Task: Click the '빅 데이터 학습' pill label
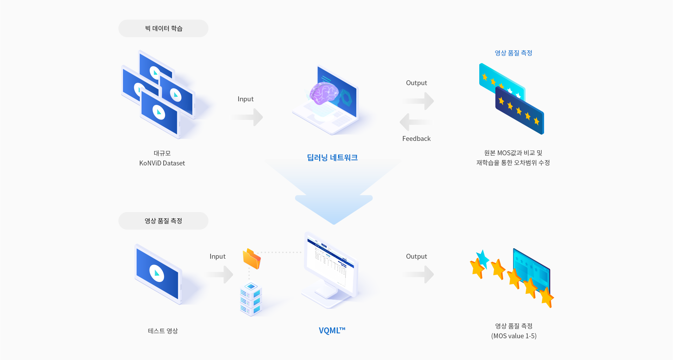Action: [164, 28]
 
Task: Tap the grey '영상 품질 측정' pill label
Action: [163, 221]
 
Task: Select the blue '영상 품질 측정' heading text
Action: [513, 53]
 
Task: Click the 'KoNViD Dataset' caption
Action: [162, 163]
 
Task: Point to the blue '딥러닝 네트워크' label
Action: [332, 158]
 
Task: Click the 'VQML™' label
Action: [332, 331]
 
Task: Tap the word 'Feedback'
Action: [416, 138]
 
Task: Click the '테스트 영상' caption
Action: [163, 331]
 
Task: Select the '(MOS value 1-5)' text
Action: [514, 336]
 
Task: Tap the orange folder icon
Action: [252, 259]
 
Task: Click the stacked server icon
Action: [251, 299]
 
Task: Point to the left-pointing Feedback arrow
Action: [415, 122]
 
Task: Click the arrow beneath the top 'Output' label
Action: [419, 101]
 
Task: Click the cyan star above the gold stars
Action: [483, 258]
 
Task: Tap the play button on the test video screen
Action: [157, 273]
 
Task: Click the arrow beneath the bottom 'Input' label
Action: [220, 274]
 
